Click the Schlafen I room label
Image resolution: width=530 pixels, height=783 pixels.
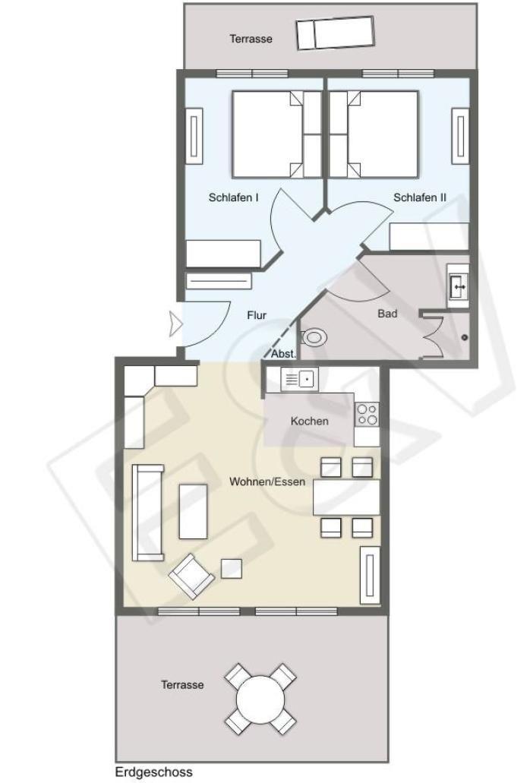pyautogui.click(x=233, y=197)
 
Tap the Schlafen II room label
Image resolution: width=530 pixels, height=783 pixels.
pyautogui.click(x=420, y=197)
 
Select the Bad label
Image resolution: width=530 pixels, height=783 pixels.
pyautogui.click(x=387, y=314)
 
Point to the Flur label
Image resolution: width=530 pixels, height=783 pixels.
pyautogui.click(x=257, y=315)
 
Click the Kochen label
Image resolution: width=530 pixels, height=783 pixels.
pyautogui.click(x=309, y=421)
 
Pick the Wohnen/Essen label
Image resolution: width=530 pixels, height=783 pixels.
pyautogui.click(x=267, y=481)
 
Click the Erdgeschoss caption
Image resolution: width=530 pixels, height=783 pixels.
pyautogui.click(x=153, y=772)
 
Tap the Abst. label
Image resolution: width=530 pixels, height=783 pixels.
pyautogui.click(x=283, y=354)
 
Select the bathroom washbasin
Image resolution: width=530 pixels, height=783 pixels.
pyautogui.click(x=458, y=286)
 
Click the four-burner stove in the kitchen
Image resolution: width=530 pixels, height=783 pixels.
pyautogui.click(x=367, y=415)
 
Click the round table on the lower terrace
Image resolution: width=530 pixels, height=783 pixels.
pyautogui.click(x=260, y=699)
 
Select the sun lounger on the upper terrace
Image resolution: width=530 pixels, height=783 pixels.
pyautogui.click(x=335, y=33)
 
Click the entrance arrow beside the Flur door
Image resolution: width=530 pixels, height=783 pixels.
pyautogui.click(x=176, y=323)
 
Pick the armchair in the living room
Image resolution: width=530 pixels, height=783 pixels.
pyautogui.click(x=191, y=576)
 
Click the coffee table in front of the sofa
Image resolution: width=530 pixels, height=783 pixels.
pyautogui.click(x=193, y=511)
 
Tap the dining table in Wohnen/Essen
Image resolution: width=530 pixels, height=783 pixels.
pyautogui.click(x=346, y=497)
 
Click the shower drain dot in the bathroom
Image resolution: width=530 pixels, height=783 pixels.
pyautogui.click(x=465, y=337)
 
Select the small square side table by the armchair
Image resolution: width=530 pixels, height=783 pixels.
pyautogui.click(x=232, y=568)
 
